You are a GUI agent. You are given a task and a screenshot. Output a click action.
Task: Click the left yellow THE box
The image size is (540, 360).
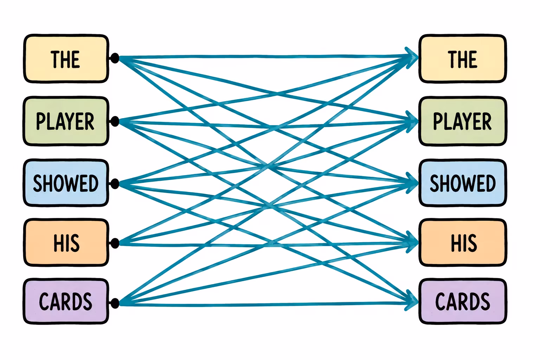[x=66, y=59]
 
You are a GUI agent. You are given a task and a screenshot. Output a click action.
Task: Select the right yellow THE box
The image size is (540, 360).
[x=463, y=59]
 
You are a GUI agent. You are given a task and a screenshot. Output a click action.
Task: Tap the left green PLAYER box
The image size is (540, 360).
[x=66, y=121]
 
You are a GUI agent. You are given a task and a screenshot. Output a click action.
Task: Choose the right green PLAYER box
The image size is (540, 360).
[x=463, y=121]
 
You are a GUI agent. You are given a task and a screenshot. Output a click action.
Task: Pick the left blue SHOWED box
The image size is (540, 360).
[x=66, y=183]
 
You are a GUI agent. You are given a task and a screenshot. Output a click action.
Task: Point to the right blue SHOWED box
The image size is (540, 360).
[x=463, y=183]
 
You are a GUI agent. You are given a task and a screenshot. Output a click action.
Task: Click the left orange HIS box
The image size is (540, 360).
[x=66, y=243]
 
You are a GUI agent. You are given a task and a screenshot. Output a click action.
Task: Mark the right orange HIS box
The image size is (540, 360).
[x=463, y=243]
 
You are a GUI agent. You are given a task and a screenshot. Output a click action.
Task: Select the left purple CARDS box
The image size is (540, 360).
[x=66, y=301]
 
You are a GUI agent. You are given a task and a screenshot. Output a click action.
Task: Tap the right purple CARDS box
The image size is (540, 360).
[x=463, y=301]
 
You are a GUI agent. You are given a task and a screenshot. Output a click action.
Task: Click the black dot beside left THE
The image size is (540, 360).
[x=115, y=58]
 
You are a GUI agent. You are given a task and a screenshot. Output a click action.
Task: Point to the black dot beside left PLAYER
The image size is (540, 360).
[x=115, y=121]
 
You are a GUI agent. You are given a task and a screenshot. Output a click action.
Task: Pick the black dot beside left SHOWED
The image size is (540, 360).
[x=115, y=184]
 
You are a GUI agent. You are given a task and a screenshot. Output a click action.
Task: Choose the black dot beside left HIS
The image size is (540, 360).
[x=115, y=243]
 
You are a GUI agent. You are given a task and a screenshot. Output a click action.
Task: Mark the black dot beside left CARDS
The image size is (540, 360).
[x=115, y=303]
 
